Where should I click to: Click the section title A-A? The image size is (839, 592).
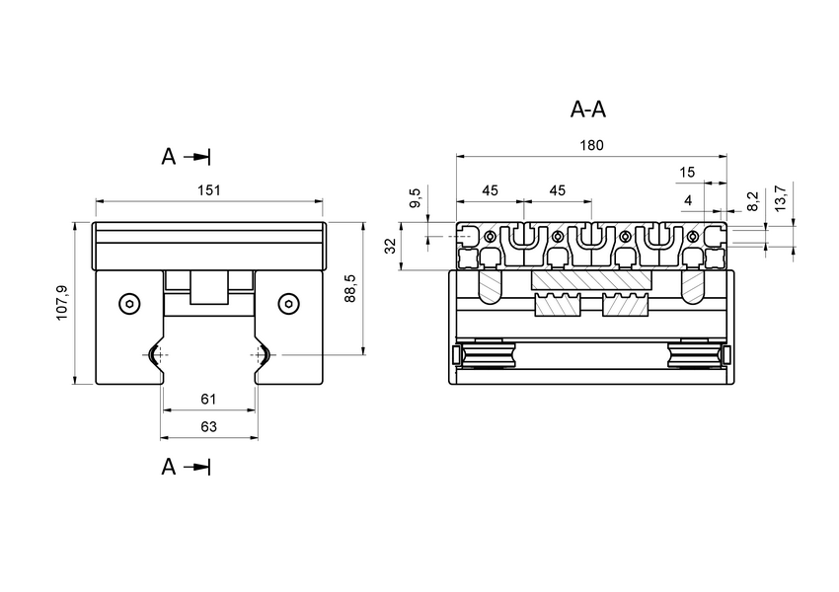(x=588, y=110)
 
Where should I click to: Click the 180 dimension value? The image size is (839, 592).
(x=590, y=145)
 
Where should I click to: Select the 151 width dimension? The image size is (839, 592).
(x=208, y=190)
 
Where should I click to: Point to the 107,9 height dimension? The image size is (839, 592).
(x=62, y=302)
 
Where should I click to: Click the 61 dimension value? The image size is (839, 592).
(x=208, y=399)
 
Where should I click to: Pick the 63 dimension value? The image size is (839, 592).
(x=208, y=427)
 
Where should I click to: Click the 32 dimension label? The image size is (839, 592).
(x=391, y=246)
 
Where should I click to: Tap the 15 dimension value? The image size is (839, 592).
(x=688, y=173)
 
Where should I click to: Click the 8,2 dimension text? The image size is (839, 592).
(x=753, y=201)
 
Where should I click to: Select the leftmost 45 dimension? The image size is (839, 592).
(x=490, y=190)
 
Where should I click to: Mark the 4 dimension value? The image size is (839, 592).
(x=688, y=200)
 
